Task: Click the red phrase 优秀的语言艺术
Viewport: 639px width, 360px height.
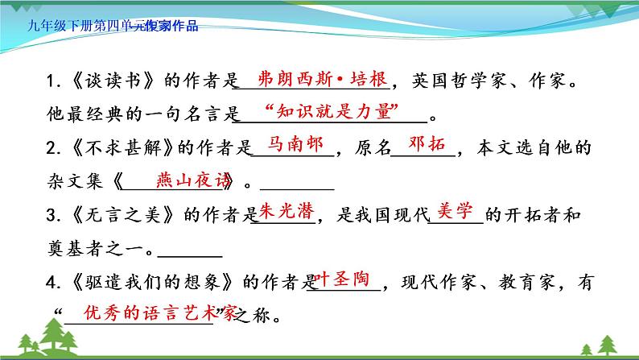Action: (x=141, y=312)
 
